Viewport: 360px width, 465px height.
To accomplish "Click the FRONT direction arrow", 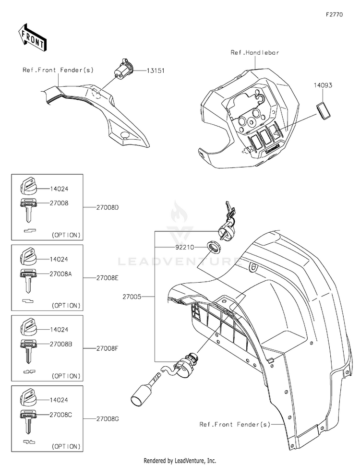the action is [32, 37].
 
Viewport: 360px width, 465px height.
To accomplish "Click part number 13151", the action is [156, 71].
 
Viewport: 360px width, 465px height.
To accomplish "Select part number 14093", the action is [323, 85].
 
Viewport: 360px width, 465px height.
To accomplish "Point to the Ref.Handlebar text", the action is [255, 52].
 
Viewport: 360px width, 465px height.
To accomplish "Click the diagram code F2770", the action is [335, 14].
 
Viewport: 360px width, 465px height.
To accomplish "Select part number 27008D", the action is [108, 207].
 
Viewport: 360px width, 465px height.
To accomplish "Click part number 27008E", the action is [107, 278].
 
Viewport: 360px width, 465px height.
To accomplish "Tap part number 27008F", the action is [107, 348].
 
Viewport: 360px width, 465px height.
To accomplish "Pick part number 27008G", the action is [108, 419].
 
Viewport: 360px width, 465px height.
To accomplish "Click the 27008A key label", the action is [60, 274].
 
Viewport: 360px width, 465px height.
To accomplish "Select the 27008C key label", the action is [60, 415].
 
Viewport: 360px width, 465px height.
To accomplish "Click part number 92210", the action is [184, 247].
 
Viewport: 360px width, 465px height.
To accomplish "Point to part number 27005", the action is [132, 297].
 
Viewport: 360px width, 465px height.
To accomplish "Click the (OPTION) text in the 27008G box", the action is [66, 446].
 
